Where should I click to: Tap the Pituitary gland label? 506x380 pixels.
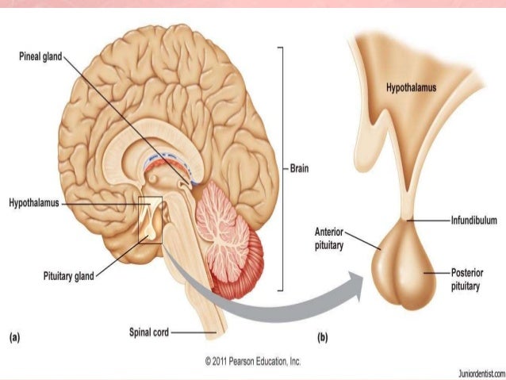click(x=68, y=276)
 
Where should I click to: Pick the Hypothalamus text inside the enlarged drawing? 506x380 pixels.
click(x=411, y=88)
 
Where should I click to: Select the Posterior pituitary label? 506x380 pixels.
click(x=461, y=278)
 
